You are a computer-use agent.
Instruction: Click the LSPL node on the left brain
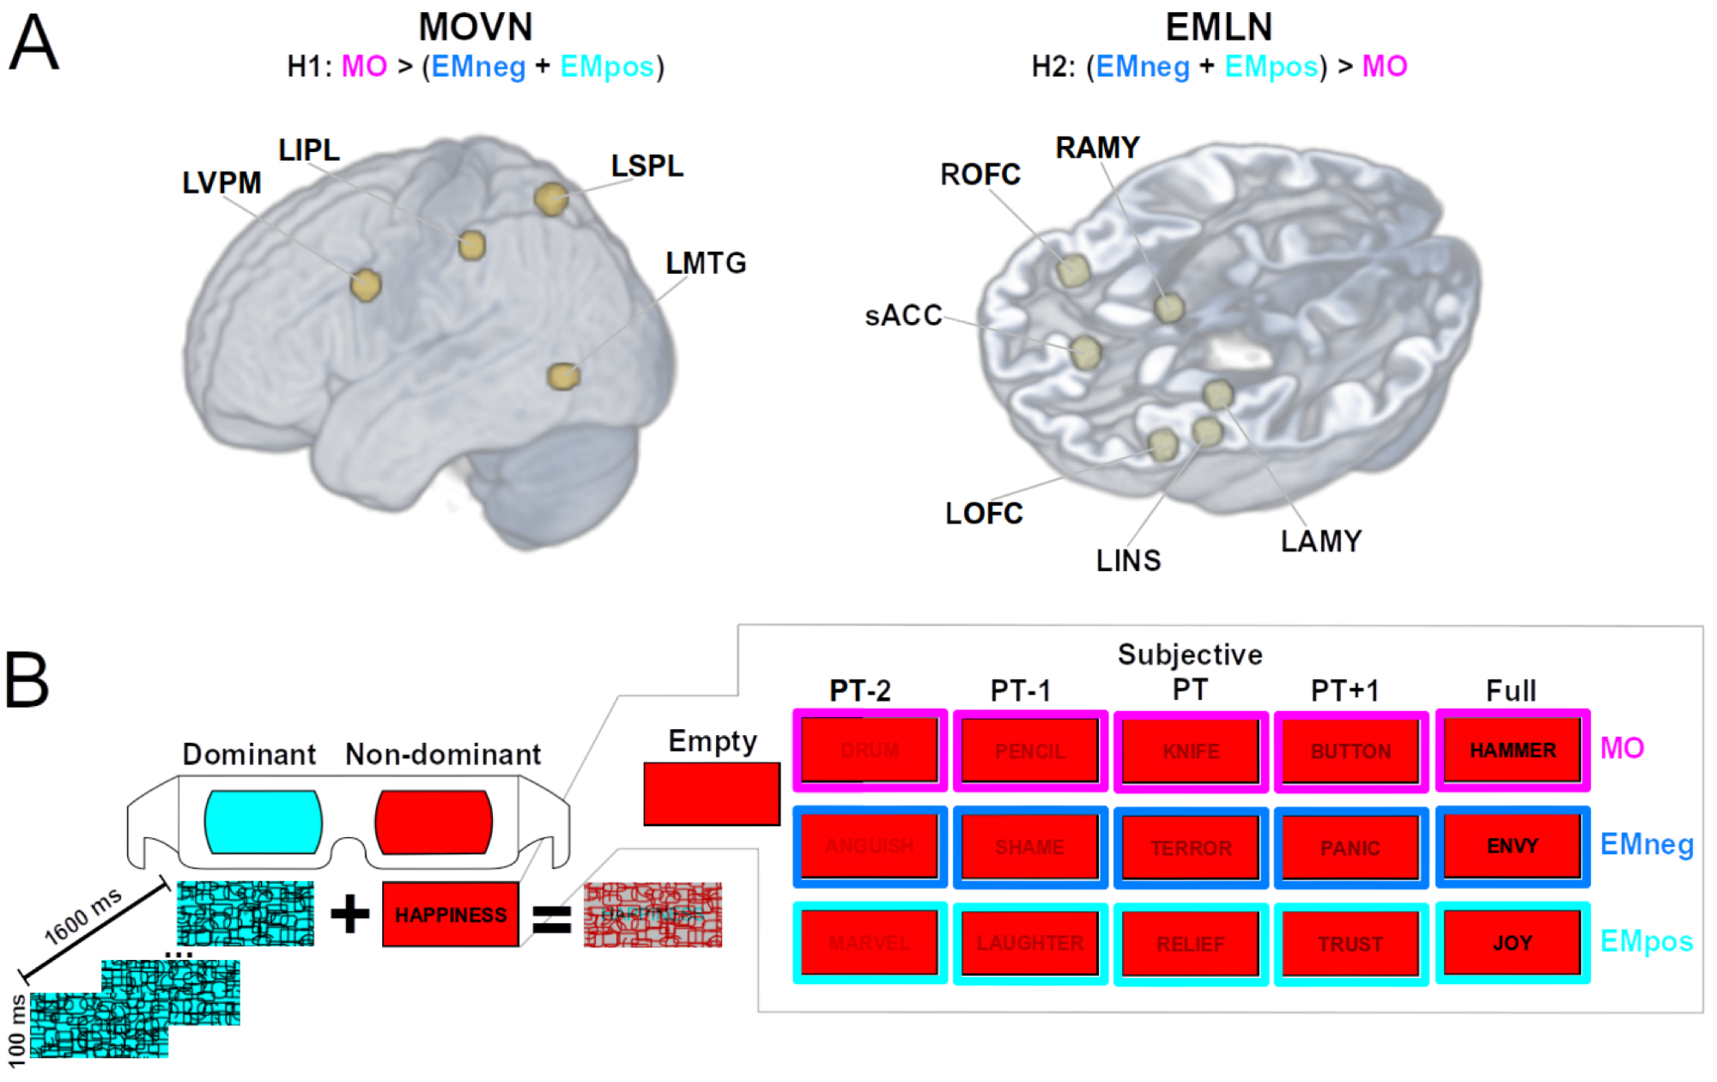pos(551,199)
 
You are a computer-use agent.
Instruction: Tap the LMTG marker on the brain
pos(564,376)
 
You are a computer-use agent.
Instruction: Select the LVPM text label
pos(221,183)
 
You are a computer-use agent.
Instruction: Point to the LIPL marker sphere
pos(471,246)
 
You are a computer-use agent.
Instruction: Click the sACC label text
pos(903,315)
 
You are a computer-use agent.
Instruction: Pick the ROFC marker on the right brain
pos(1073,271)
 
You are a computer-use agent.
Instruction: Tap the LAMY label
pos(1321,541)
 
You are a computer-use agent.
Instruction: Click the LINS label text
pos(1128,561)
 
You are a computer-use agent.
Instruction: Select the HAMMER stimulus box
pos(1513,751)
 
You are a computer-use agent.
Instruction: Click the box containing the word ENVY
pos(1513,847)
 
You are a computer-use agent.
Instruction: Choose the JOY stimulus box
pos(1513,943)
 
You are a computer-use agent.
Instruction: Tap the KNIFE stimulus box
pos(1191,751)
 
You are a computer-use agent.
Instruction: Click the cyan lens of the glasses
pos(263,822)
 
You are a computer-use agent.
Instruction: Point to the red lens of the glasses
pos(434,823)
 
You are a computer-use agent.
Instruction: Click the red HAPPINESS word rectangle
pos(451,915)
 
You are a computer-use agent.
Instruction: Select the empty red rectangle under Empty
pos(712,794)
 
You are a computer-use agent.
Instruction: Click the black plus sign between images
pos(349,914)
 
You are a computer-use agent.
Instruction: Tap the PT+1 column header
pos(1344,690)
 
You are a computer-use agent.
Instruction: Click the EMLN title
pos(1218,27)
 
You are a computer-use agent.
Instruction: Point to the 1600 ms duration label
pos(83,917)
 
